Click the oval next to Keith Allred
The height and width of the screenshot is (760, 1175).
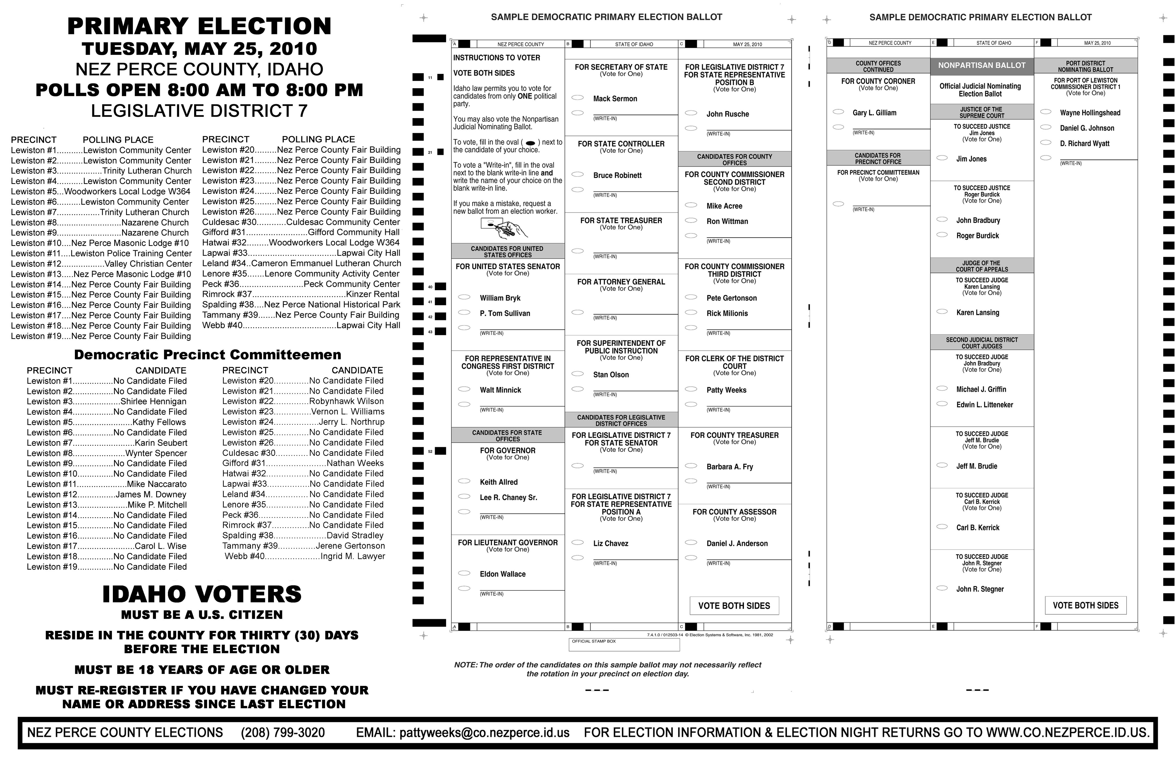click(x=464, y=481)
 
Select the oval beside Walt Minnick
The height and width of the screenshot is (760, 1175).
click(x=464, y=389)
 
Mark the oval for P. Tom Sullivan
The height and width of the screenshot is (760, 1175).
click(x=464, y=312)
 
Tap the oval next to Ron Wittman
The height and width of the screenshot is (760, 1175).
click(x=691, y=221)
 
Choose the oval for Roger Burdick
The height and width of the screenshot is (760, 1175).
click(x=942, y=235)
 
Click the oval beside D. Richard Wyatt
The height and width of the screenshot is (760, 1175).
click(x=1046, y=143)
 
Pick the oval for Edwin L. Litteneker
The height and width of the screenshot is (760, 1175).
click(x=942, y=404)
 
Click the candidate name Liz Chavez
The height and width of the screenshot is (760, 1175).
click(x=611, y=543)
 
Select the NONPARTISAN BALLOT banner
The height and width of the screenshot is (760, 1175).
click(x=981, y=65)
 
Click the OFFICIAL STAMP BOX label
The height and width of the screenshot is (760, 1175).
click(x=594, y=642)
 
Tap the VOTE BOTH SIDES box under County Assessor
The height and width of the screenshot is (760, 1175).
click(x=734, y=606)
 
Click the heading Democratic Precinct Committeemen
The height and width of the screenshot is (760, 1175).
click(x=207, y=355)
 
